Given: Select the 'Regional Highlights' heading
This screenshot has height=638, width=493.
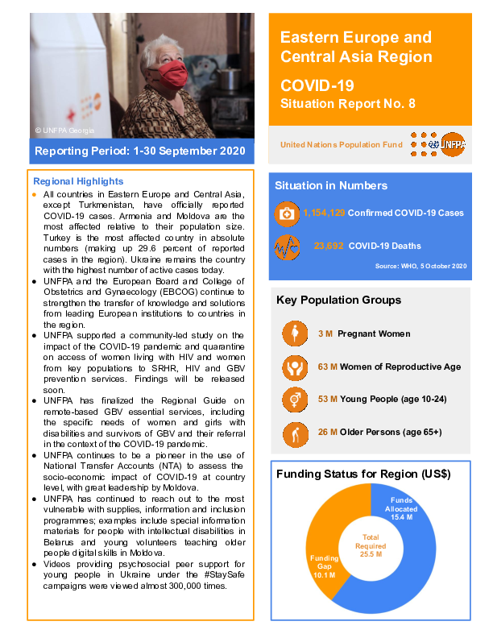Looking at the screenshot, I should [x=78, y=181].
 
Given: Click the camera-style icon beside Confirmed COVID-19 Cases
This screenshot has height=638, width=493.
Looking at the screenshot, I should [x=286, y=213].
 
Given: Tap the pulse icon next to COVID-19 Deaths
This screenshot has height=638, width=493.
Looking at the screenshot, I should [x=286, y=246].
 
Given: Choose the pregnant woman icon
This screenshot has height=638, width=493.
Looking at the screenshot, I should [x=295, y=333].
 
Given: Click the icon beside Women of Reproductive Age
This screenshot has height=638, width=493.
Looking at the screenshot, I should [x=295, y=367].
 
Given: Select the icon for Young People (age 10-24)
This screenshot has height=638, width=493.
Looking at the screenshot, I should [x=295, y=399].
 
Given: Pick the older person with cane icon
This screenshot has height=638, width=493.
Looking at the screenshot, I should [x=295, y=432].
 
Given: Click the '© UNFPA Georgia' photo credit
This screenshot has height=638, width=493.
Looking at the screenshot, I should [x=64, y=130].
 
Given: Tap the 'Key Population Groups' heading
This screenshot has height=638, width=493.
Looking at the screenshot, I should [x=338, y=300].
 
